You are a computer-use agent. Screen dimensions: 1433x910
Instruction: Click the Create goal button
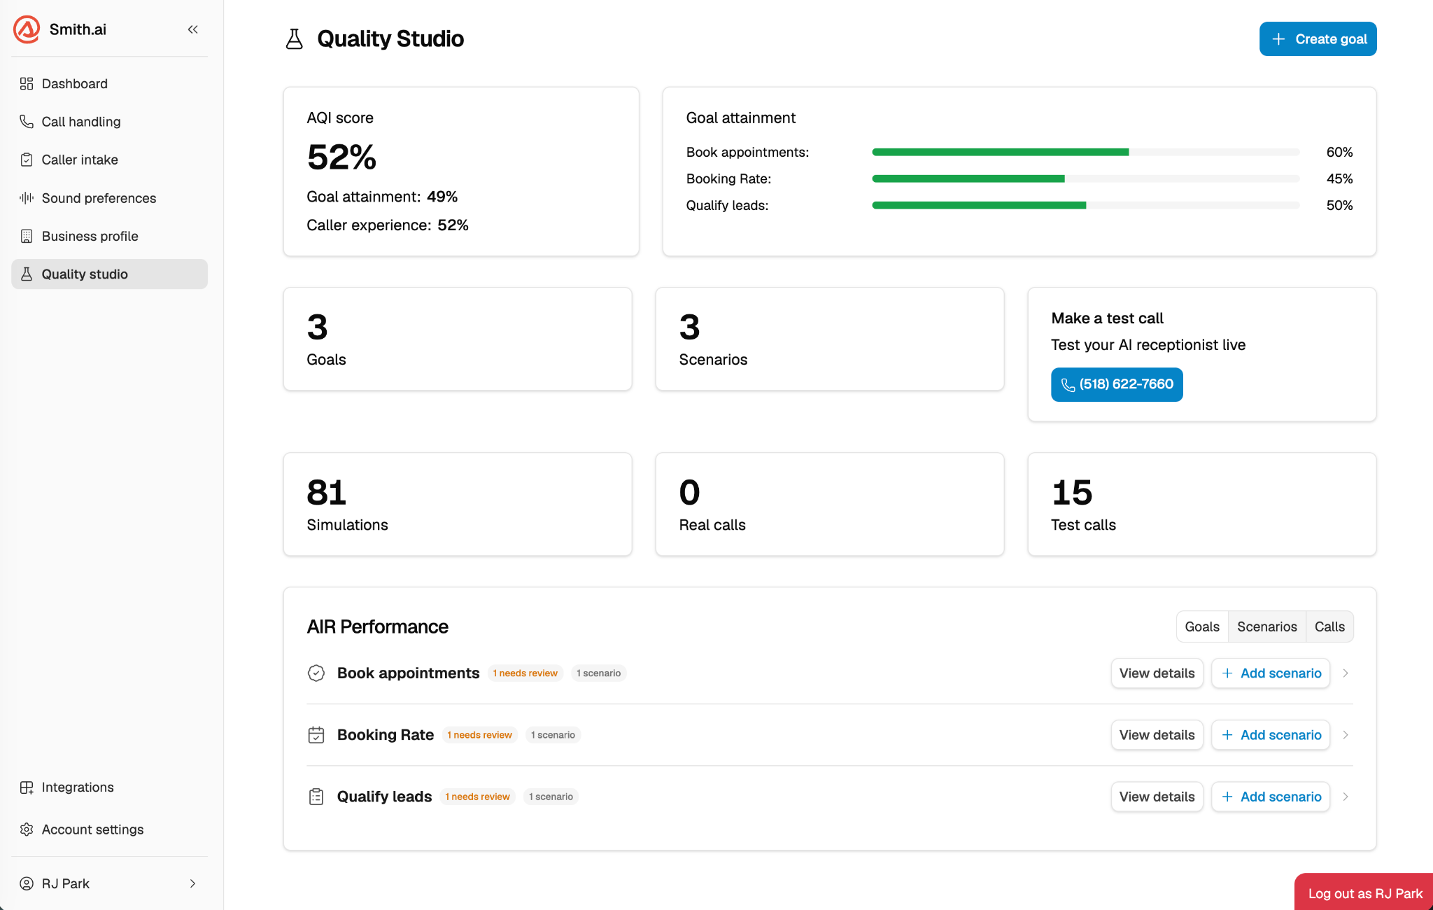(1318, 39)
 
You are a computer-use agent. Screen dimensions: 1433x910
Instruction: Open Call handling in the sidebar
(80, 122)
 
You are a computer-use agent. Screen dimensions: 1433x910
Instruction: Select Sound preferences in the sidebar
(99, 198)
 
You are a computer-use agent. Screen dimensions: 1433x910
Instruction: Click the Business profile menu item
(90, 237)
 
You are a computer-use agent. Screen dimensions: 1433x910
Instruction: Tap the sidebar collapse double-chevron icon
(193, 29)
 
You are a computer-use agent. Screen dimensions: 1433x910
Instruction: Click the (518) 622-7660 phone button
(1117, 384)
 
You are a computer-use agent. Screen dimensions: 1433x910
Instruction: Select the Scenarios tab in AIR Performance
(1266, 626)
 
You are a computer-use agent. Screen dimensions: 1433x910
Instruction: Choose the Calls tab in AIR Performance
(1329, 626)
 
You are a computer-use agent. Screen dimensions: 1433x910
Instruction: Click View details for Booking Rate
(1157, 735)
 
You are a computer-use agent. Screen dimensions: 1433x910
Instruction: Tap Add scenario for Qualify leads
(1271, 797)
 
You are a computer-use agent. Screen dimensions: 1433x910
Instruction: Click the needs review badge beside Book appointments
(525, 673)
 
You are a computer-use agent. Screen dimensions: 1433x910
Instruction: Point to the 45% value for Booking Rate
(1339, 178)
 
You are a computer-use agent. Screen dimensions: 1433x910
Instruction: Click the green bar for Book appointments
(1000, 152)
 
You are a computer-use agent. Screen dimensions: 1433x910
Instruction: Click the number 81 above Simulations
(326, 492)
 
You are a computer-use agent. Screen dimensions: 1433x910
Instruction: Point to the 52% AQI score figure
(341, 157)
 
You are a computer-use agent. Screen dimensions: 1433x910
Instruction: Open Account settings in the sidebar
(92, 829)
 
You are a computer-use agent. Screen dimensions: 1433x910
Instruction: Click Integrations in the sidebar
(77, 787)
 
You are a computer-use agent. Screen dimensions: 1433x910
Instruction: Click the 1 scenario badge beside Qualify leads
(551, 797)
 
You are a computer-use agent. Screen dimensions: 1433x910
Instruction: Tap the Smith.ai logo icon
(27, 29)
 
